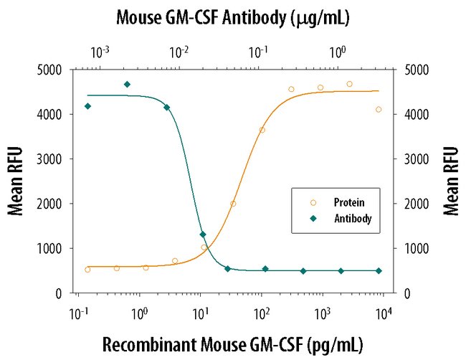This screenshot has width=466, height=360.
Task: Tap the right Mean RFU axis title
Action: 451,180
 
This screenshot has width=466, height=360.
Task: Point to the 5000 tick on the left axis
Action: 57,70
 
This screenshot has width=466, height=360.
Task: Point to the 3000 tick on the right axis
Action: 416,159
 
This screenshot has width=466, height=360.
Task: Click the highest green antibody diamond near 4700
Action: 127,85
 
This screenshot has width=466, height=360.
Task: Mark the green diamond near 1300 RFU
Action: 203,235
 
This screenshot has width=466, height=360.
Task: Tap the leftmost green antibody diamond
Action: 87,106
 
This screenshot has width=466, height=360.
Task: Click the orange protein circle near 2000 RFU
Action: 233,204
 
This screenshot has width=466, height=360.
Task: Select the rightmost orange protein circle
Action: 379,110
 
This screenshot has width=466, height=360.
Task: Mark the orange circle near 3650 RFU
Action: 262,130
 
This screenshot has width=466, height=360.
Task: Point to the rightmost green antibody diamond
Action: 379,271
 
